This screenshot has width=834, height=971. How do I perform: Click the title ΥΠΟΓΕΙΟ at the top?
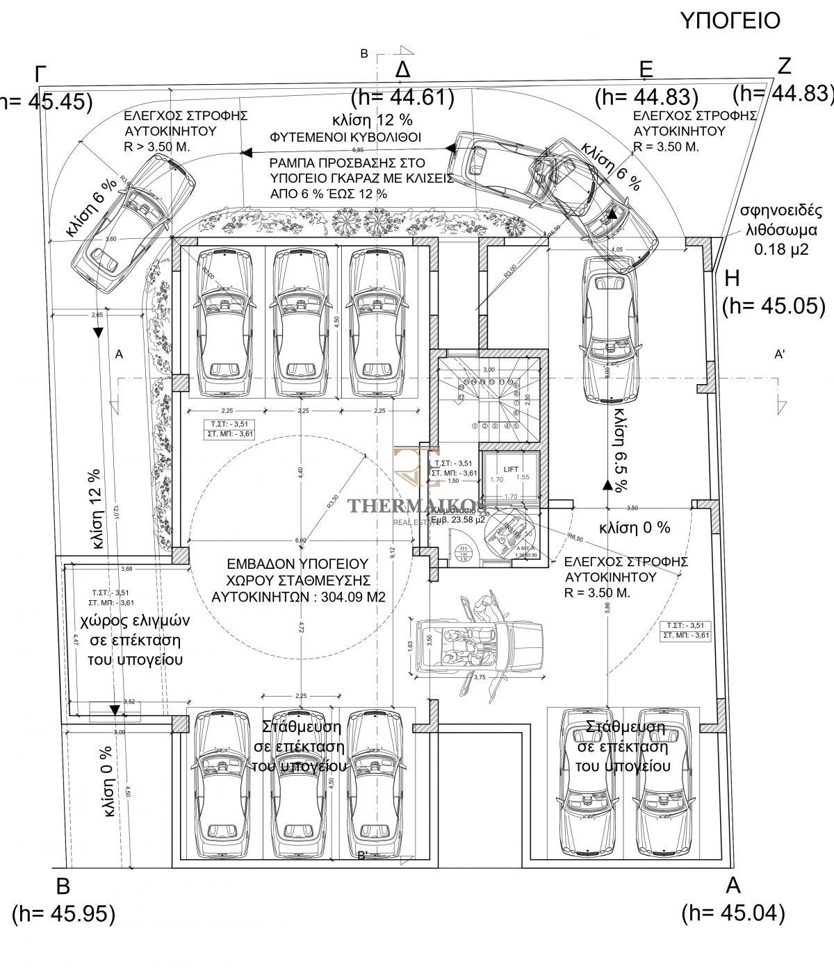pos(729,21)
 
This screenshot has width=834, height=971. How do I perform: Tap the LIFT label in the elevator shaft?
pos(511,469)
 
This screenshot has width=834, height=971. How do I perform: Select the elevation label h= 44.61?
pos(403,97)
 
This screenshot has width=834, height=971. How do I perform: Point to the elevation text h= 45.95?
pos(64,933)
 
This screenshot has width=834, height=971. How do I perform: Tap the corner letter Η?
pos(732,279)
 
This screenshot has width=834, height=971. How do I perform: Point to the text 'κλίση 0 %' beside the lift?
pos(635,527)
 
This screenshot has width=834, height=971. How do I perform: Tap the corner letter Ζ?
pos(784,66)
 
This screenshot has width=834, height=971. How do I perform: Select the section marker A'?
pos(780,354)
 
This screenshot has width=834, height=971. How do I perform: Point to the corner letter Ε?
pos(646,69)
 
